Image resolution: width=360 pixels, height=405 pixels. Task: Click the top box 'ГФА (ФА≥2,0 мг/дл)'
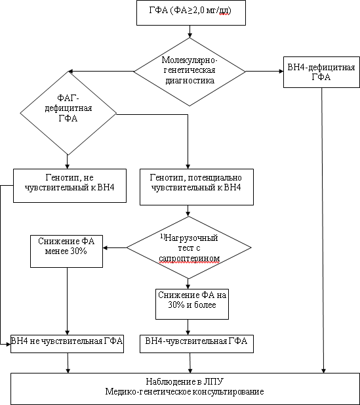click(191, 12)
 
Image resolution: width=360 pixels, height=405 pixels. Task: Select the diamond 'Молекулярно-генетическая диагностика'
click(190, 72)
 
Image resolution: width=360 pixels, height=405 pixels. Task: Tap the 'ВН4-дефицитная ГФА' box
click(321, 72)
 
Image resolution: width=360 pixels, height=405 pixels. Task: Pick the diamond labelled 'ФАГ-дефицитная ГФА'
click(68, 113)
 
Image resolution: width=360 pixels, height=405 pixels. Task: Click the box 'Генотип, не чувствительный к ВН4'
click(70, 186)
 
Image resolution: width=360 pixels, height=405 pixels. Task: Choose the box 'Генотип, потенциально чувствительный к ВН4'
click(197, 187)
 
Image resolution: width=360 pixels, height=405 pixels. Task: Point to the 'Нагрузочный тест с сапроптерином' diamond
click(189, 247)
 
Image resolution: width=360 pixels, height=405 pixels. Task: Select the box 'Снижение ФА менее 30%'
click(67, 251)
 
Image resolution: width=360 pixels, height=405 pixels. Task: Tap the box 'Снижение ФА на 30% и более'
click(192, 304)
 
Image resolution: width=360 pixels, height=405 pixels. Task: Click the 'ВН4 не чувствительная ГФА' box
click(67, 344)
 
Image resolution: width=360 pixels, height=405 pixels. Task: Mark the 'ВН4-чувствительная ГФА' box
click(197, 344)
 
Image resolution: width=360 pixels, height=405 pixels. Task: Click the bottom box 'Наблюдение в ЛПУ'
click(185, 389)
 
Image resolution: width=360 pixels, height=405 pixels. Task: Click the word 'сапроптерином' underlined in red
click(190, 258)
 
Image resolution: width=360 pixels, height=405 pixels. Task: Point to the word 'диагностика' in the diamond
click(190, 80)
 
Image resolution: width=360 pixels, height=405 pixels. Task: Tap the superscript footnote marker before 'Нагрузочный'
click(163, 236)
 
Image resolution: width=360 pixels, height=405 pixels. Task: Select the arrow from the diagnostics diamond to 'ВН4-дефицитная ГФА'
click(264, 72)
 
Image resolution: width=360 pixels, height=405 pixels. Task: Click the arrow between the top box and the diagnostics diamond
click(190, 32)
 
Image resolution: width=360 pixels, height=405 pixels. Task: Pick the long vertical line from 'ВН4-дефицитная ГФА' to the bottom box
click(323, 230)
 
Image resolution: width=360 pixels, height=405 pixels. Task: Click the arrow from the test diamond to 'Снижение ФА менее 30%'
click(115, 248)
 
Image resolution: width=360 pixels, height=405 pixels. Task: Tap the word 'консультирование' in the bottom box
click(228, 392)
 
